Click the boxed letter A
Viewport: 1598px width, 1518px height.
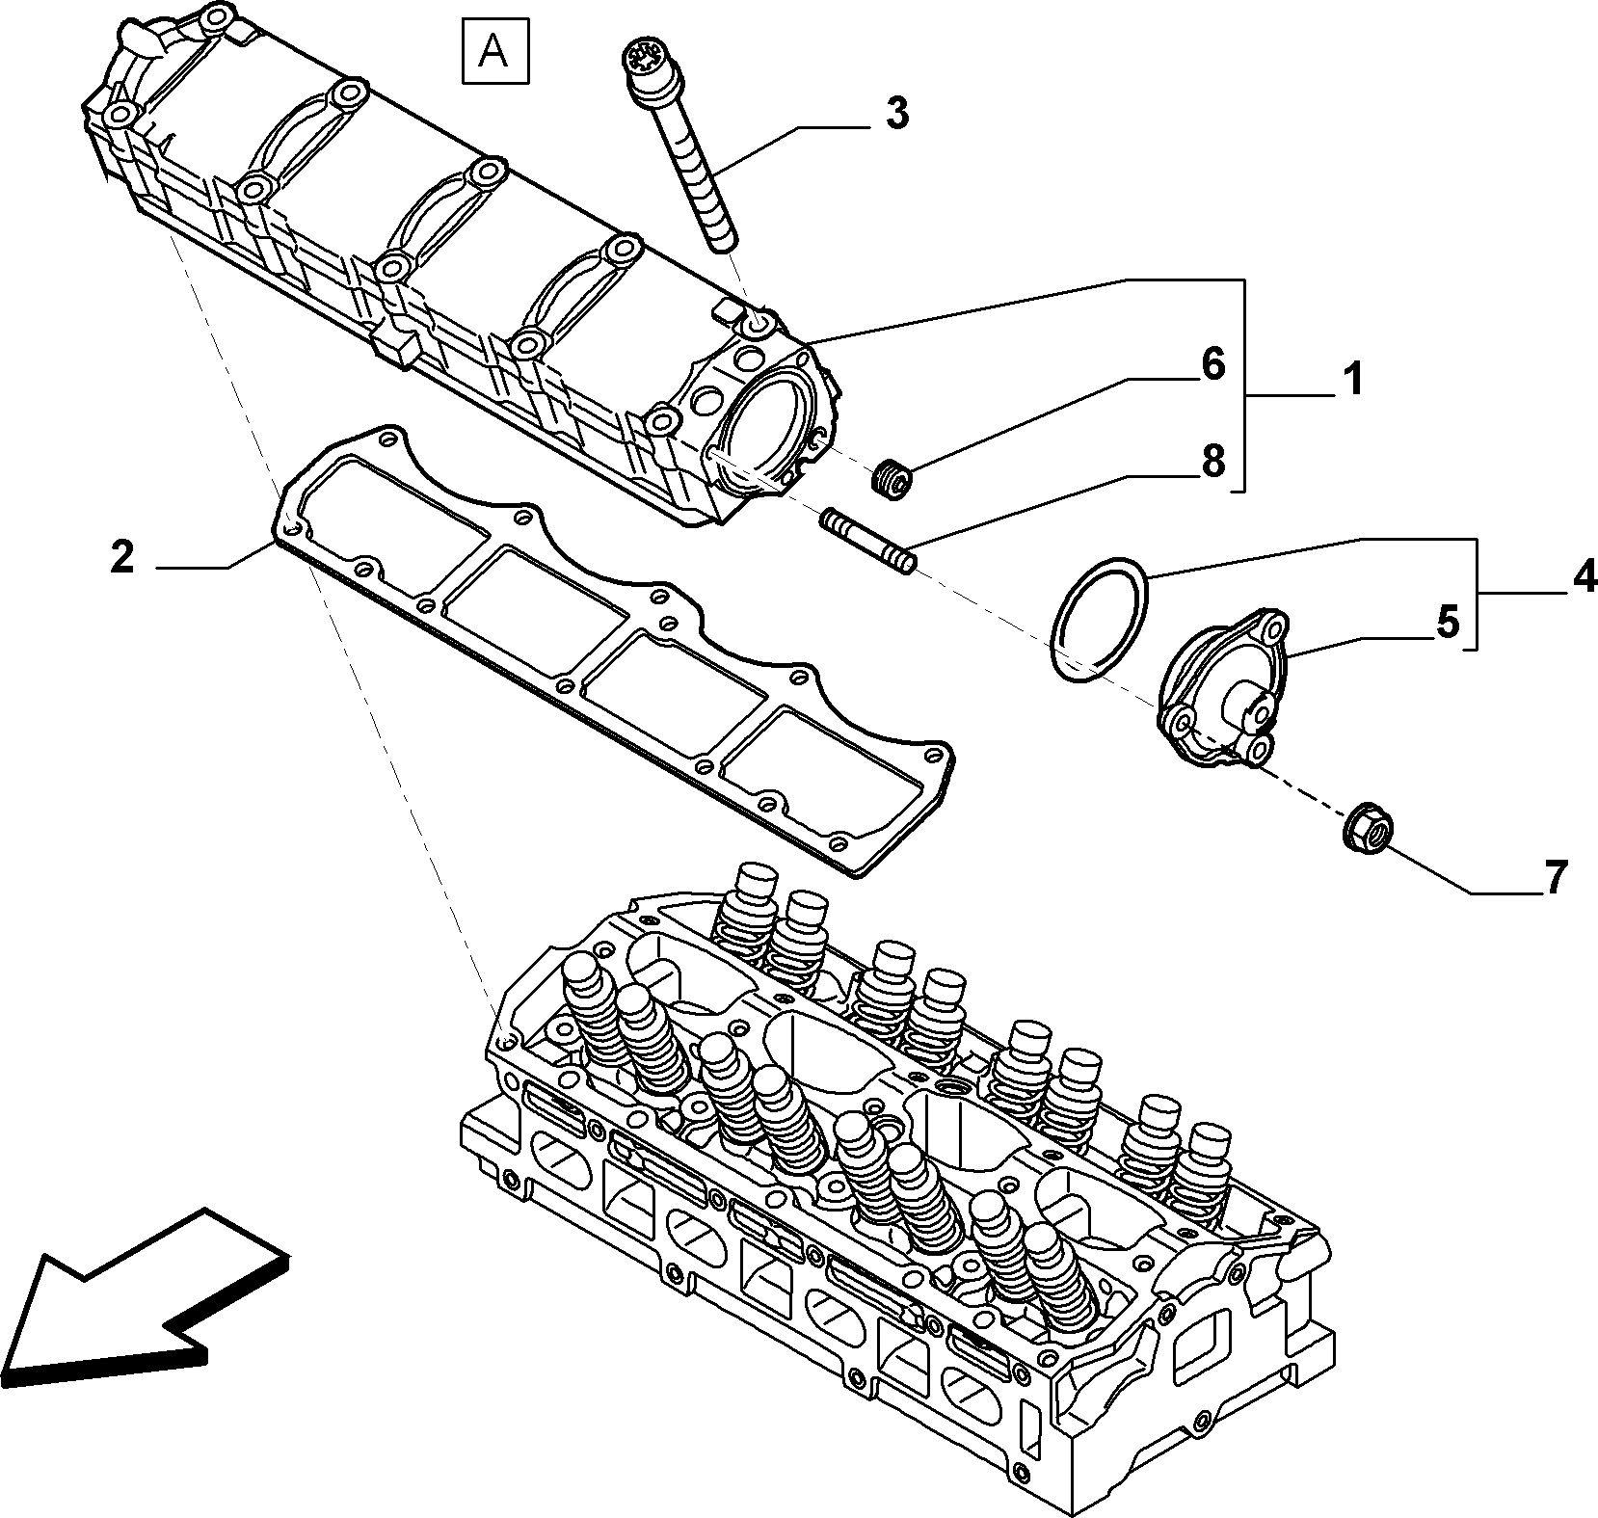(x=494, y=50)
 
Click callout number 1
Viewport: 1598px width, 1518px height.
(x=1354, y=380)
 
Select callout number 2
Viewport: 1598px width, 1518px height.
(x=122, y=557)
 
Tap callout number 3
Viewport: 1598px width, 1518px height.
(x=896, y=114)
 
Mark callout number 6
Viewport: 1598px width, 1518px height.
(x=1212, y=364)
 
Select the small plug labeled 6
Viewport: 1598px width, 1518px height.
(x=892, y=480)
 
